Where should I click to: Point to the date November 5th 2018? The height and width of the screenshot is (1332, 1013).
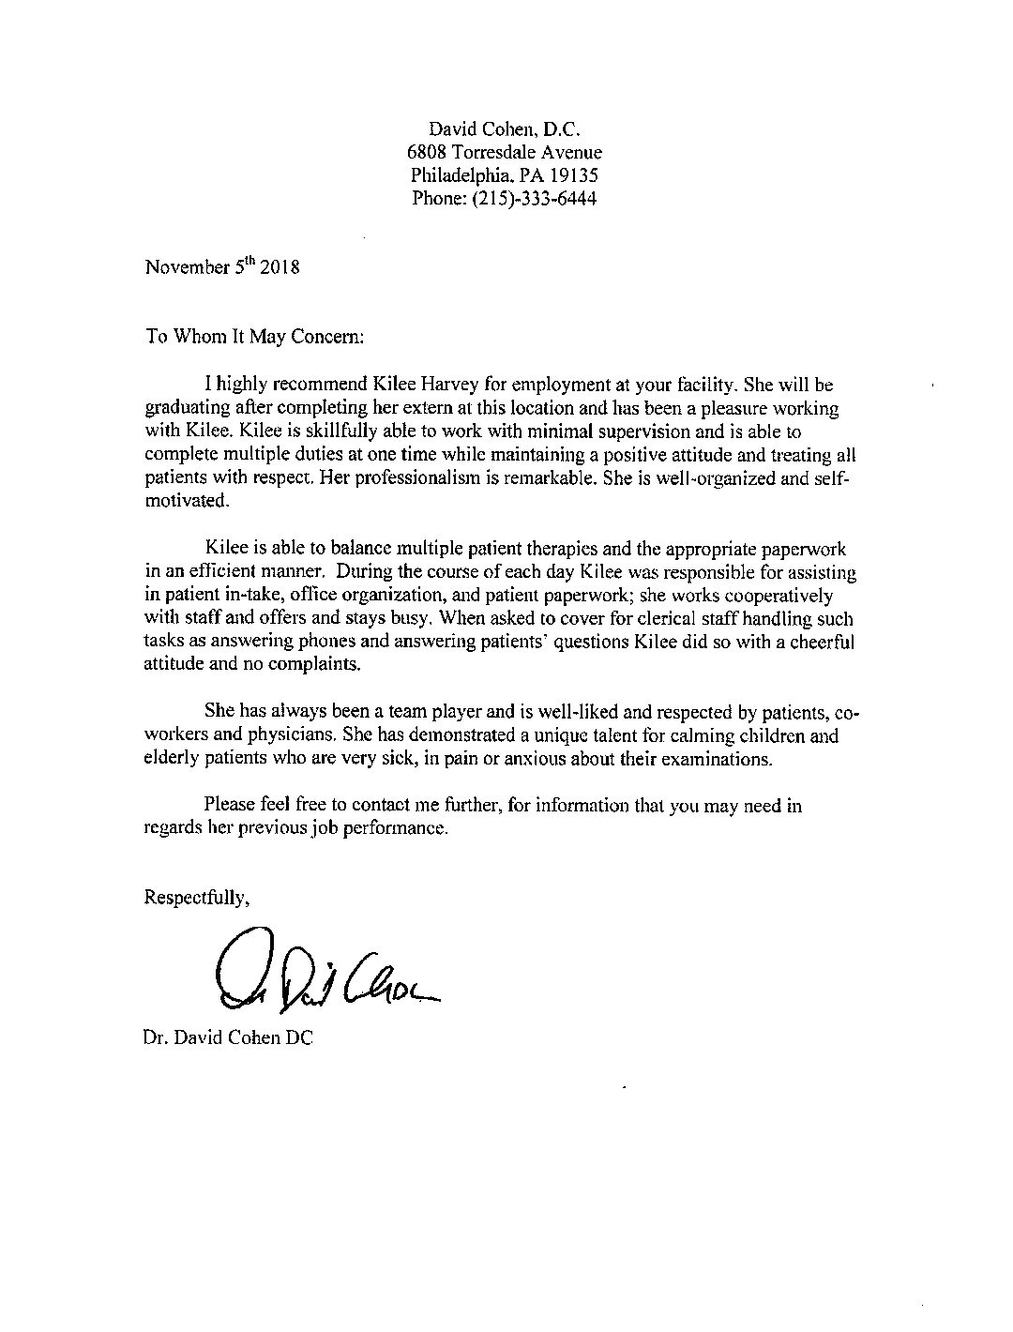pyautogui.click(x=221, y=266)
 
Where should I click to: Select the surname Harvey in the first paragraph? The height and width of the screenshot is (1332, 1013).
pyautogui.click(x=463, y=386)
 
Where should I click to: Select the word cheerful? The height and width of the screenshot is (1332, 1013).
pyautogui.click(x=828, y=642)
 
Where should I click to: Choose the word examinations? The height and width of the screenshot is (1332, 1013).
pyautogui.click(x=718, y=758)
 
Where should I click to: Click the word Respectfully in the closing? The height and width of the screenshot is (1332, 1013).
pyautogui.click(x=196, y=898)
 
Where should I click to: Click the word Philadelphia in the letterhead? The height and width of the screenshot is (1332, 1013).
pyautogui.click(x=458, y=175)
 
